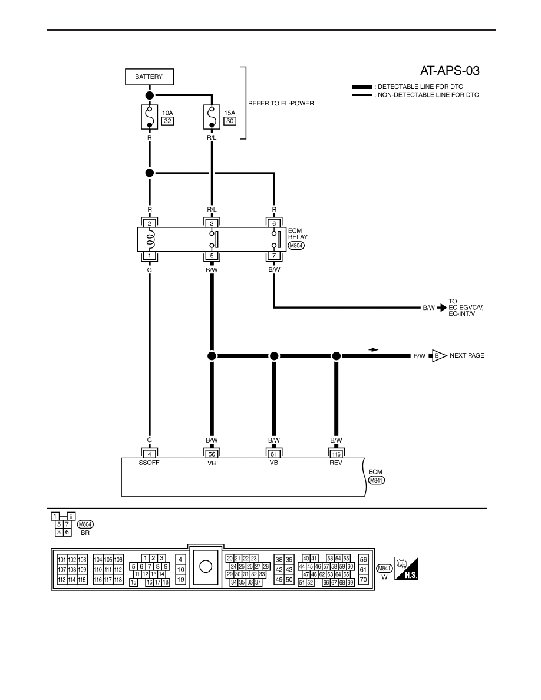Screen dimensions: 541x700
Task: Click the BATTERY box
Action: (x=149, y=77)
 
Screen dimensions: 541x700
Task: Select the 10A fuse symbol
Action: (x=150, y=117)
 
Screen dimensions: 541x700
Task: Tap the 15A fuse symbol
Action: (x=212, y=117)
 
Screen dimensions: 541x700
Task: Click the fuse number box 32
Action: (x=167, y=121)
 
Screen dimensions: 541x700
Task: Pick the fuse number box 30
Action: (x=229, y=121)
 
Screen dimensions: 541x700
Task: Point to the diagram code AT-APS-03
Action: (x=450, y=71)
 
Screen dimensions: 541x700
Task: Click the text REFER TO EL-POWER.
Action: (x=282, y=103)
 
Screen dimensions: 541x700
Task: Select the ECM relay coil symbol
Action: (x=150, y=239)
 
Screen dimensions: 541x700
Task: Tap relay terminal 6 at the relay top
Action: (x=274, y=223)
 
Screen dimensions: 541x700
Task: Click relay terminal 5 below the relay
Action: (x=212, y=256)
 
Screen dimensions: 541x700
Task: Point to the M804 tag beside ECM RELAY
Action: (x=296, y=246)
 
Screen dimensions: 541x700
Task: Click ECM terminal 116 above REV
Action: (x=336, y=454)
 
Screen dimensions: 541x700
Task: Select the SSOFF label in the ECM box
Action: (x=149, y=463)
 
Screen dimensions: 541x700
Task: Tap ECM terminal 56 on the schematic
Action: (x=212, y=454)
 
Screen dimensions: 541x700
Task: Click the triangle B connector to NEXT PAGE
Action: (x=439, y=356)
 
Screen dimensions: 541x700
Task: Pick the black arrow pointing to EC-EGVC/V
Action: (x=441, y=308)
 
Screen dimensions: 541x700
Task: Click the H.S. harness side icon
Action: (x=406, y=568)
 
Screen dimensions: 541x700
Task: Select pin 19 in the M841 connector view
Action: (x=180, y=580)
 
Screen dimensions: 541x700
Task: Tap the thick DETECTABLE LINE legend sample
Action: (x=362, y=87)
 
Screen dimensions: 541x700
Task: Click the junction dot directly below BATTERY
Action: (x=150, y=95)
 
